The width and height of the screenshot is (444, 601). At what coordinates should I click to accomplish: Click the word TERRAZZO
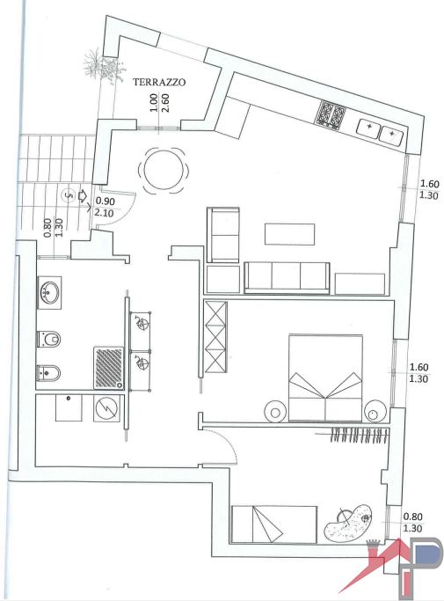pyautogui.click(x=159, y=82)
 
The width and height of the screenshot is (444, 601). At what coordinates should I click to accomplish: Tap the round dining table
pyautogui.click(x=164, y=169)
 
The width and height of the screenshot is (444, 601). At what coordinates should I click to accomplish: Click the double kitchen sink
pyautogui.click(x=380, y=133)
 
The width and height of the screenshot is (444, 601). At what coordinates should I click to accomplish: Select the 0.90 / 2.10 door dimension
pyautogui.click(x=105, y=207)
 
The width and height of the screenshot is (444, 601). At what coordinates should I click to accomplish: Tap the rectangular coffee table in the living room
pyautogui.click(x=289, y=233)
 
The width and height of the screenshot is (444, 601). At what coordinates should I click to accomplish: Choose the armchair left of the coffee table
pyautogui.click(x=223, y=234)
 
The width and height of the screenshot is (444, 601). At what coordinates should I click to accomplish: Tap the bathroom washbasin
pyautogui.click(x=49, y=292)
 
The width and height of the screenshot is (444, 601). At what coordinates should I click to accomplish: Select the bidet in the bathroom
pyautogui.click(x=47, y=372)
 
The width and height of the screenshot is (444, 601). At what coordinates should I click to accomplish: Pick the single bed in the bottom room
pyautogui.click(x=273, y=524)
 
